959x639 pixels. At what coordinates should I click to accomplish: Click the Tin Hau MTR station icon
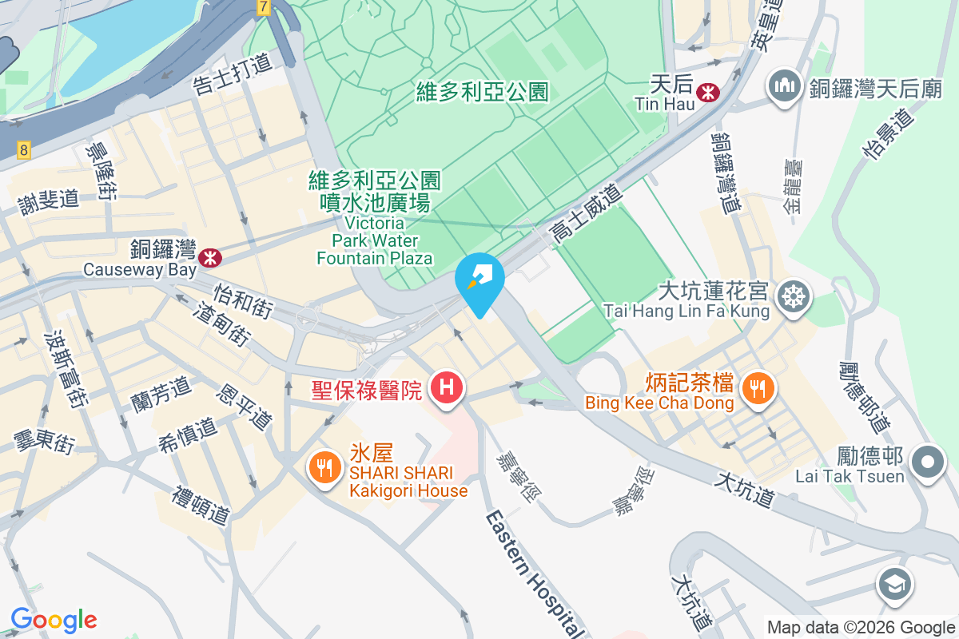point(707,92)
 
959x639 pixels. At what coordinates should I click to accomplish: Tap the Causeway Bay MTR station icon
point(211,257)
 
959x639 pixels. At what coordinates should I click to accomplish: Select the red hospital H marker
point(446,389)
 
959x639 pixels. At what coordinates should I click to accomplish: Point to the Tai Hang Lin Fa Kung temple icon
point(795,297)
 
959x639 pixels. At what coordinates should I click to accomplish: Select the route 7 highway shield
point(263,6)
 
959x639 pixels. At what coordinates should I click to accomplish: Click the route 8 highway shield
point(25,149)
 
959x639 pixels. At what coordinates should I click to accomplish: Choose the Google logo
point(54,620)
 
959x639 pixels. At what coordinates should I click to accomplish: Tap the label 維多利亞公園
point(483,93)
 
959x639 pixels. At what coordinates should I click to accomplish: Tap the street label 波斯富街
point(64,368)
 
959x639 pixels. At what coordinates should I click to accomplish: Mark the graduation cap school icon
point(895,585)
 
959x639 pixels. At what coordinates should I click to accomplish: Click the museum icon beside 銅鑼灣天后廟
point(784,87)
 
